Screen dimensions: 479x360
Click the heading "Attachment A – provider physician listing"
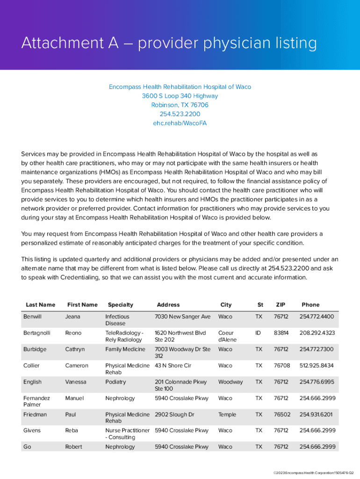pos(169,44)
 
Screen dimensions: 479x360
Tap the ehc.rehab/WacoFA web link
pos(180,123)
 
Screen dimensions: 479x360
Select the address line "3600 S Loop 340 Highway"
pos(180,96)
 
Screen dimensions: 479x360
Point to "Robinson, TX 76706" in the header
pos(180,105)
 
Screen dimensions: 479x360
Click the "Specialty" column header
pos(120,305)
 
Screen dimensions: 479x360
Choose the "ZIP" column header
pos(281,305)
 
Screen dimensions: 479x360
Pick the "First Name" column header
pos(82,305)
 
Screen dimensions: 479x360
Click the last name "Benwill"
pos(32,317)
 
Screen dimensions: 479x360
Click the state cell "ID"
pos(259,333)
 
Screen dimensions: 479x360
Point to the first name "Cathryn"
pos(75,349)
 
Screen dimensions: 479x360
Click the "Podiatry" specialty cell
pos(115,382)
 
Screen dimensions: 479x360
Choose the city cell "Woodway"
pos(230,382)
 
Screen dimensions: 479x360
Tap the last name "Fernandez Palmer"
pos(36,401)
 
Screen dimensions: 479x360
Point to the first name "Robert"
pos(73,447)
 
